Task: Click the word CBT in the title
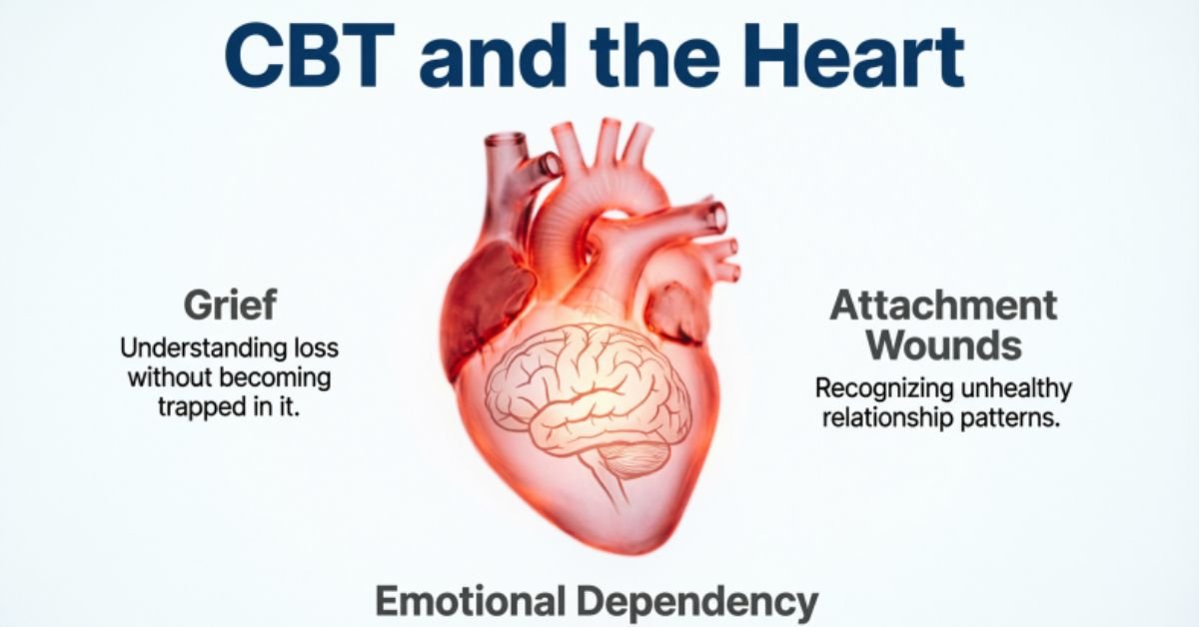pyautogui.click(x=309, y=55)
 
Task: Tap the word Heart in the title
pyautogui.click(x=852, y=55)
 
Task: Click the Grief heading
pyautogui.click(x=230, y=305)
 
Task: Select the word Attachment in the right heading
pyautogui.click(x=943, y=305)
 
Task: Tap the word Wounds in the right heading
pyautogui.click(x=944, y=345)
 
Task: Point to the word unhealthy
pyautogui.click(x=1016, y=387)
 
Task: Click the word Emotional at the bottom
pyautogui.click(x=471, y=601)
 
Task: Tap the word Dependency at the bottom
pyautogui.click(x=697, y=602)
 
